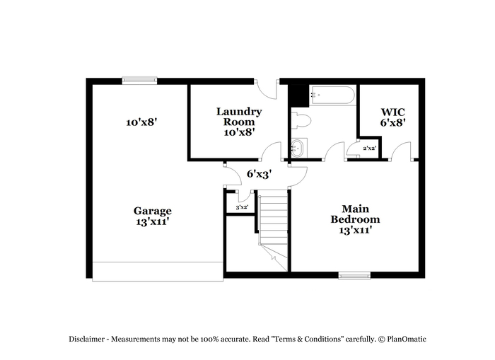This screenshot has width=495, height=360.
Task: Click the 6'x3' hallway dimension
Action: click(260, 173)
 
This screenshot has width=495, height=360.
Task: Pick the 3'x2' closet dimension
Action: click(242, 207)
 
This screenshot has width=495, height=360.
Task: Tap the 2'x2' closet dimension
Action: click(369, 148)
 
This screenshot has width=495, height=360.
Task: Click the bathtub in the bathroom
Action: click(333, 95)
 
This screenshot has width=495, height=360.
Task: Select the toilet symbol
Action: click(301, 121)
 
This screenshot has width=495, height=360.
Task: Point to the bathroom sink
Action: click(298, 148)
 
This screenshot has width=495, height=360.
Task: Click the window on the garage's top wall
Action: click(139, 81)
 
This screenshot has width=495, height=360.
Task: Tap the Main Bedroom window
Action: click(354, 276)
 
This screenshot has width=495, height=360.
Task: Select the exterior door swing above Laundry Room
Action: click(266, 89)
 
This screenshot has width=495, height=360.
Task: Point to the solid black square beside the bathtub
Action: click(299, 96)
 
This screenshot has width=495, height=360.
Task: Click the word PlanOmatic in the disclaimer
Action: click(407, 339)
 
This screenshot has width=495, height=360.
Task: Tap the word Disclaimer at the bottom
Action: click(87, 339)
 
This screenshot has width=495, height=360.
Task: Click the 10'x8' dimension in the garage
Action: click(141, 122)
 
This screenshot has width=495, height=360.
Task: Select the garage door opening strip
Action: click(158, 272)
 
